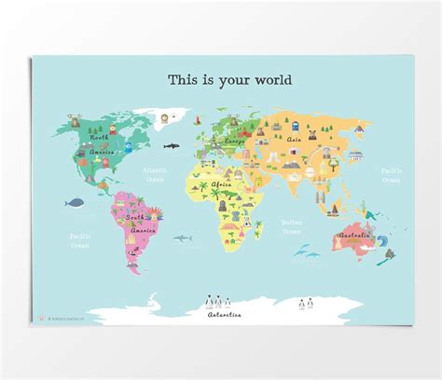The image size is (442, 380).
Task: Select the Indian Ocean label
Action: (x=292, y=226)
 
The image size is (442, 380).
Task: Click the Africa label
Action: (x=221, y=185)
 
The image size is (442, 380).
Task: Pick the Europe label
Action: (x=235, y=141)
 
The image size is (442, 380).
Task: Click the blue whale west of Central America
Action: (x=76, y=199)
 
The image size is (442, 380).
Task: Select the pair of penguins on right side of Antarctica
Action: (x=306, y=302)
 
